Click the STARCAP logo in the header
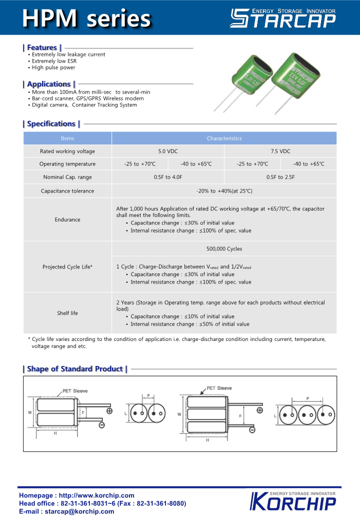pos(282,18)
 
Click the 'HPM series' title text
pos(86,18)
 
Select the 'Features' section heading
pos(42,47)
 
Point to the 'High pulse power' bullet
pos(53,67)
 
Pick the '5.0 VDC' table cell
pos(168,151)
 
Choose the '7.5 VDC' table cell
pos(280,151)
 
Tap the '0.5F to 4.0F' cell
pos(168,177)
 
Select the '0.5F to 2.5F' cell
pos(280,177)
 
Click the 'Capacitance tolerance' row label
pos(67,190)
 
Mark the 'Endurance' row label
pos(67,219)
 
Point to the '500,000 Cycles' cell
pos(224,248)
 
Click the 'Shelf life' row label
pos(67,313)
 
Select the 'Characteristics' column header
pos(224,138)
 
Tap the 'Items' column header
pos(67,138)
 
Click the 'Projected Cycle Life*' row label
pos(67,267)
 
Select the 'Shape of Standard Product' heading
pos(75,369)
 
